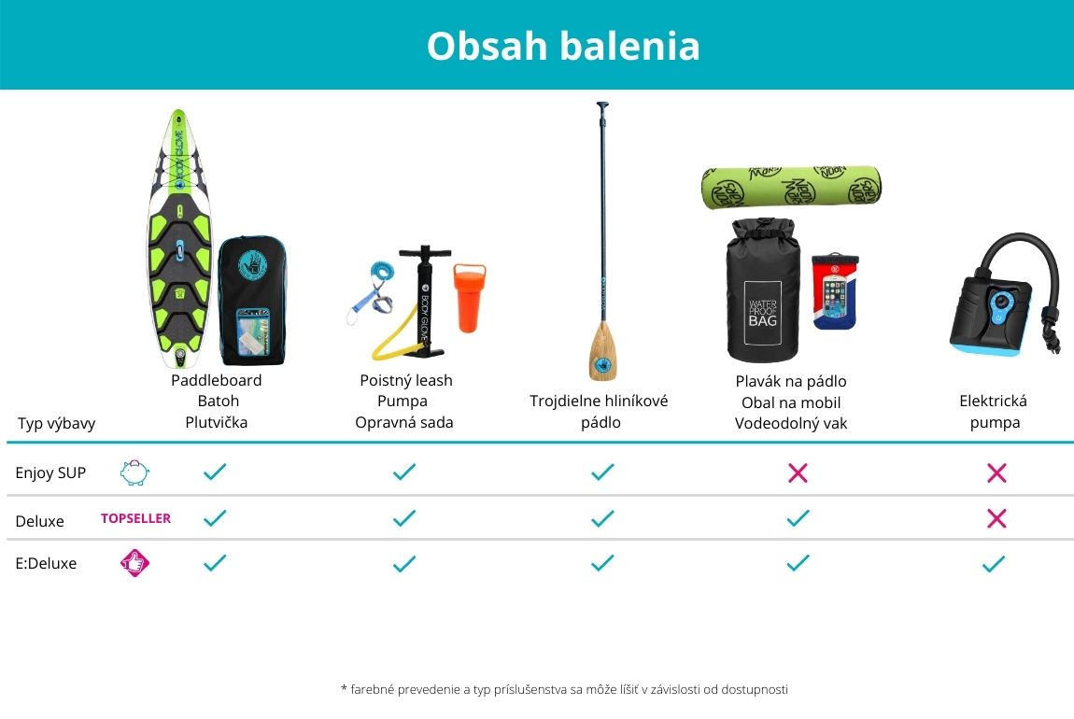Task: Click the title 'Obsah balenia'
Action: (x=563, y=46)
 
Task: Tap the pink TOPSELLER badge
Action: (x=135, y=518)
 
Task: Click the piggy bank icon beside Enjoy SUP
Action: (x=134, y=472)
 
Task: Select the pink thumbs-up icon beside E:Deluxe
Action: (x=134, y=563)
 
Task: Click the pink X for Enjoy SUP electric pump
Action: (x=996, y=472)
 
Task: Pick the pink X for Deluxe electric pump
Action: (x=996, y=518)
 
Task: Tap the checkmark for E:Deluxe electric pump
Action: (x=993, y=564)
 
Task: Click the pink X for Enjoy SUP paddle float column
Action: (x=798, y=472)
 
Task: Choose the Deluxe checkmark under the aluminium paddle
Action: (x=602, y=518)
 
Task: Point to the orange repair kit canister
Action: (x=469, y=297)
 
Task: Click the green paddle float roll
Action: (x=791, y=187)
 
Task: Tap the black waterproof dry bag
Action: (x=762, y=290)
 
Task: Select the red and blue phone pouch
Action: (x=834, y=292)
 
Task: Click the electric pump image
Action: (x=1004, y=294)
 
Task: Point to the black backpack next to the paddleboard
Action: (x=252, y=301)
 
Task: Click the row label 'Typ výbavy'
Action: (x=56, y=424)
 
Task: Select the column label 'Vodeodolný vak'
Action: (x=791, y=424)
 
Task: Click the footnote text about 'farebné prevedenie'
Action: (x=564, y=689)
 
